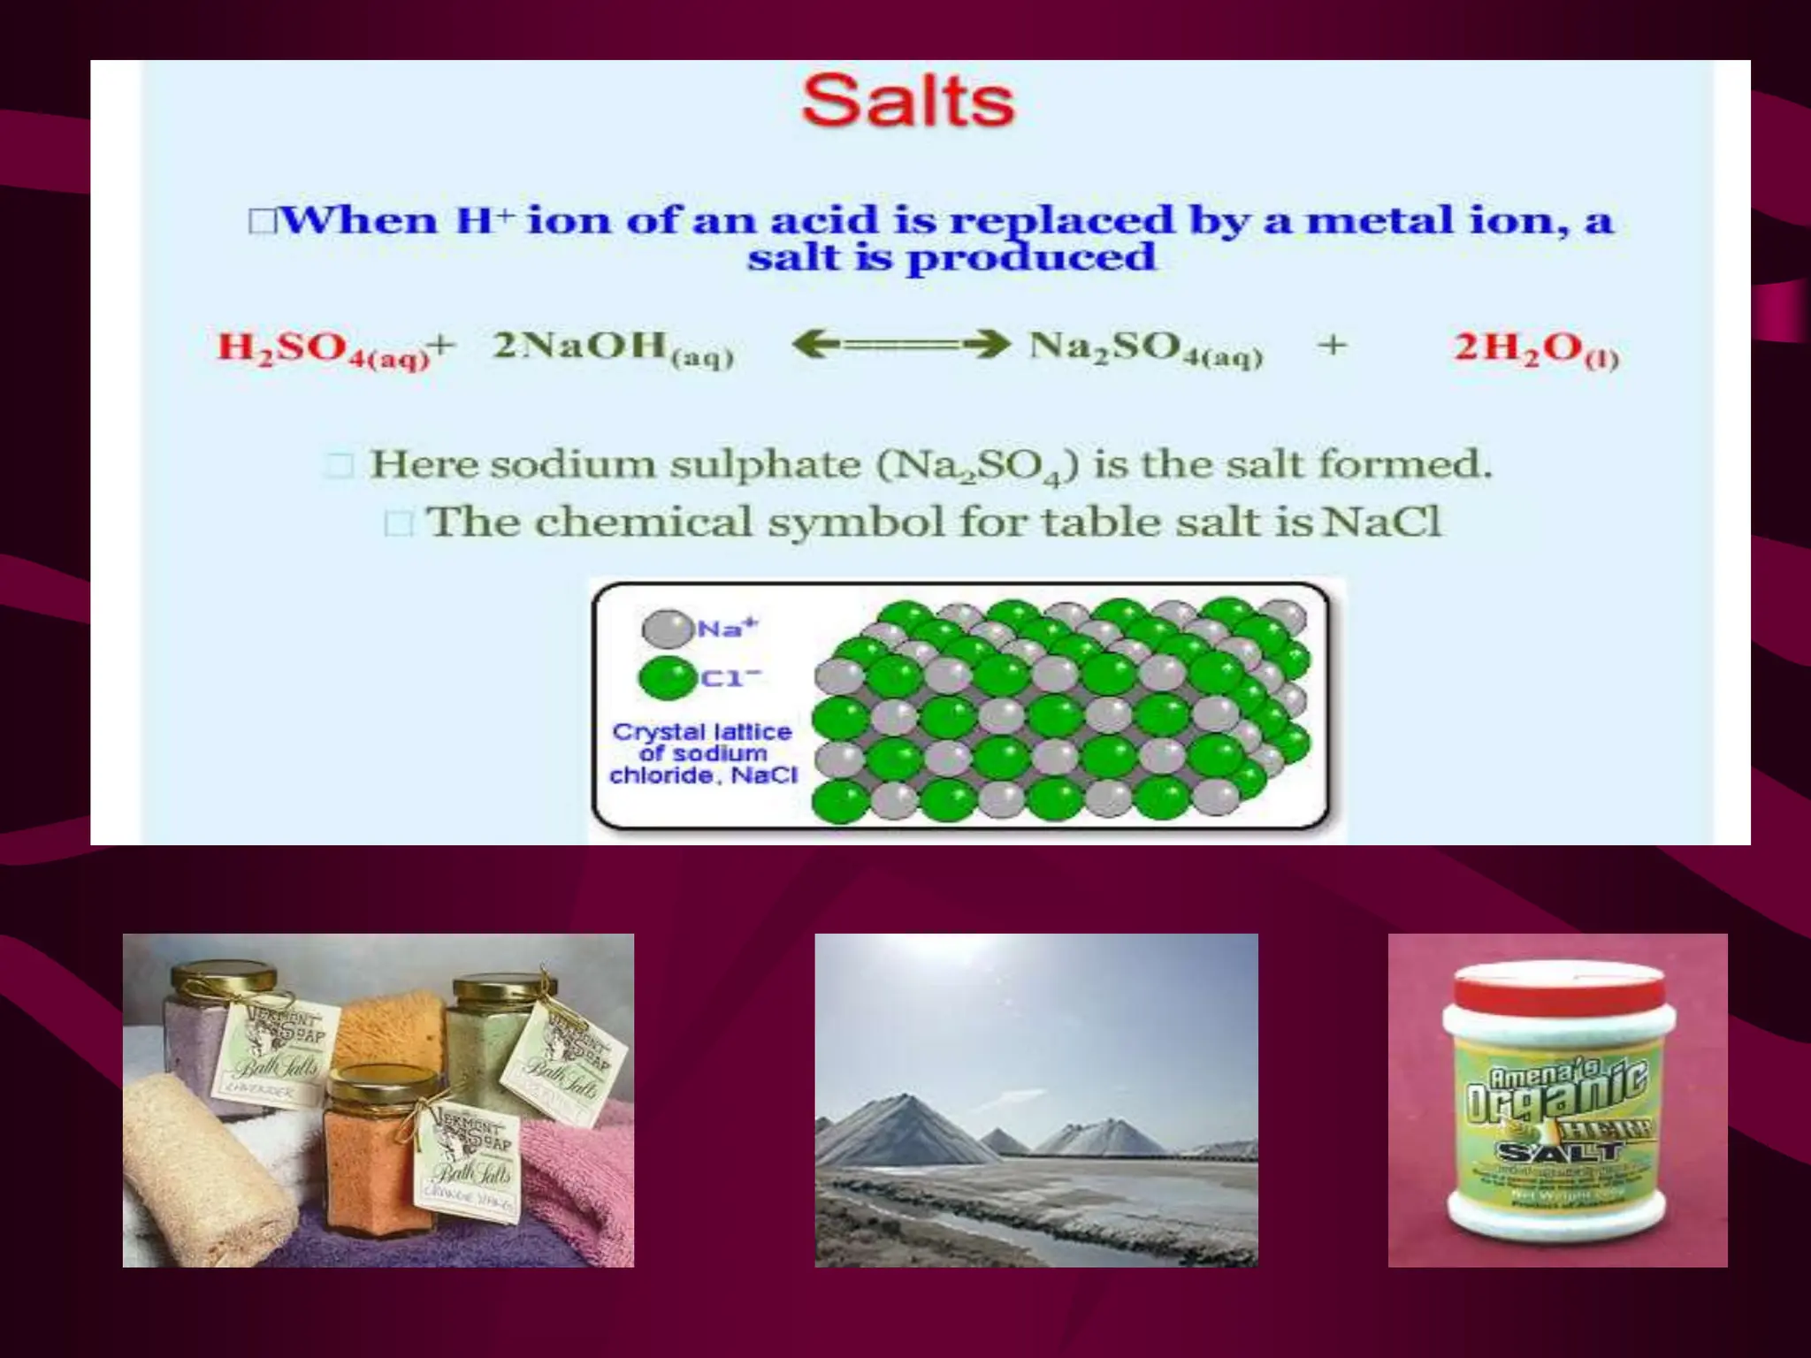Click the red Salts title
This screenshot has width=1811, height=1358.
point(907,102)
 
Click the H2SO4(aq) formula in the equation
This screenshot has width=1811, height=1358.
point(324,347)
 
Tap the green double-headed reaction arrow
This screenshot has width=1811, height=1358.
point(899,345)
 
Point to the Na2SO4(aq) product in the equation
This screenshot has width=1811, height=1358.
point(1145,347)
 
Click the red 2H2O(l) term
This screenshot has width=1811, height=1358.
point(1535,348)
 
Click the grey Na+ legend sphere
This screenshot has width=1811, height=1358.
point(666,629)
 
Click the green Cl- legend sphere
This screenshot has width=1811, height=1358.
point(666,679)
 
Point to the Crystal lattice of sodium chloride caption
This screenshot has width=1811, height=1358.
point(703,754)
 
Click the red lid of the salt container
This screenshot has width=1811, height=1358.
point(1558,988)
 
